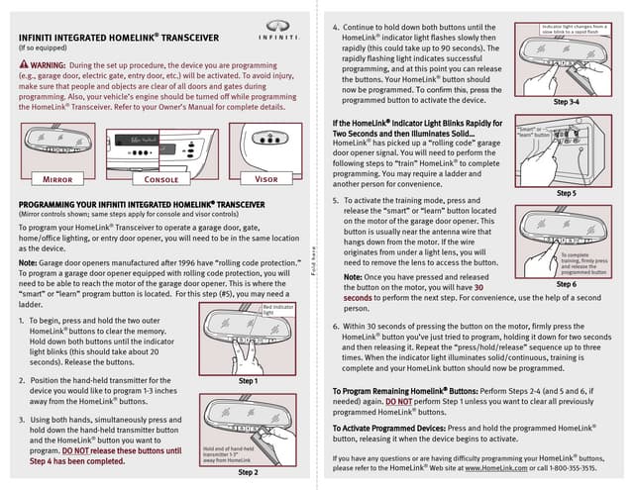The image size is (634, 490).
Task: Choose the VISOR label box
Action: pos(266,180)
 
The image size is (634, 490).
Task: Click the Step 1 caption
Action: pos(250,380)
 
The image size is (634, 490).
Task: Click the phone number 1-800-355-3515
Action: pos(571,469)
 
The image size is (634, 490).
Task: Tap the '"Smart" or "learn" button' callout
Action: pos(530,131)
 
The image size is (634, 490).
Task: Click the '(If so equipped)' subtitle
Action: pos(43,46)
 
